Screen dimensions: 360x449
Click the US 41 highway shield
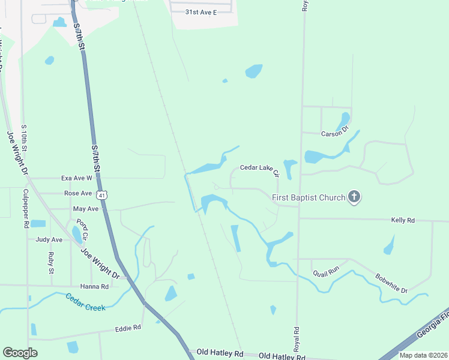pos(103,195)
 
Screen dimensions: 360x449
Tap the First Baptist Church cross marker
pos(355,197)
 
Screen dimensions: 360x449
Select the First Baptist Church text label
pos(309,197)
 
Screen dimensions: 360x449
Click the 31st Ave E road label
pos(200,12)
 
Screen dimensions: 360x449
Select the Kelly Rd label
pos(403,220)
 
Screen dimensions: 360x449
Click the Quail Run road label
pos(326,271)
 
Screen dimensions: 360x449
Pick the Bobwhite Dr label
pos(391,283)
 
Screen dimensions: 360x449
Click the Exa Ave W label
pos(77,178)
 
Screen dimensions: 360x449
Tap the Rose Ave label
pos(78,193)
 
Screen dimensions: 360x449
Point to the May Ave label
pos(85,209)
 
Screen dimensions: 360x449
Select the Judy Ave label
pos(49,239)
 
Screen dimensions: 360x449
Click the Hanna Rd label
pos(96,287)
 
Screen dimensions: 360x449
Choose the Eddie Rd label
pos(128,328)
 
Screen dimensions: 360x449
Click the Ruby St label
pos(51,263)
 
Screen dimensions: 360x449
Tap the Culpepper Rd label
pos(26,208)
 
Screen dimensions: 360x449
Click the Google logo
pos(20,352)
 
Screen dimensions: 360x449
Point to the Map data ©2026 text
pos(423,355)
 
